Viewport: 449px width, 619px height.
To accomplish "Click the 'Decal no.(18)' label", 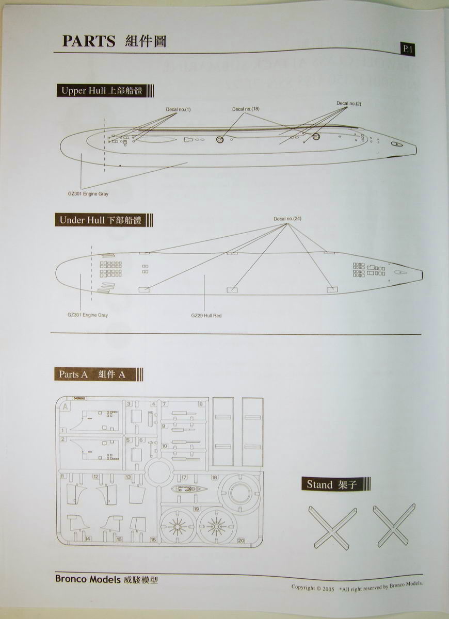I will (x=246, y=109).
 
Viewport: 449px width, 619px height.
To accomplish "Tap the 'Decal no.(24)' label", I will (x=287, y=219).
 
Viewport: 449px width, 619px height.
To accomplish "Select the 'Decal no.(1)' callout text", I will (x=178, y=109).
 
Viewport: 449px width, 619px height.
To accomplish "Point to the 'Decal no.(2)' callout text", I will (x=349, y=103).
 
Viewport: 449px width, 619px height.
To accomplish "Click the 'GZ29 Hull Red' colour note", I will (x=206, y=315).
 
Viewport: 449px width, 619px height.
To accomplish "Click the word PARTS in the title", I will (x=88, y=41).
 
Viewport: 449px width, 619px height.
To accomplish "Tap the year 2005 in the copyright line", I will (x=326, y=588).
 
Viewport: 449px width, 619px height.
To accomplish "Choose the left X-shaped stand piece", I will (x=332, y=527).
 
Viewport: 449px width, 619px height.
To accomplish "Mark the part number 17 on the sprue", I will (x=184, y=478).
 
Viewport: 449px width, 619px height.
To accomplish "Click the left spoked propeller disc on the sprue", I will (x=178, y=527).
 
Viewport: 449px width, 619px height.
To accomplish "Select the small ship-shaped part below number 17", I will (x=188, y=488).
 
